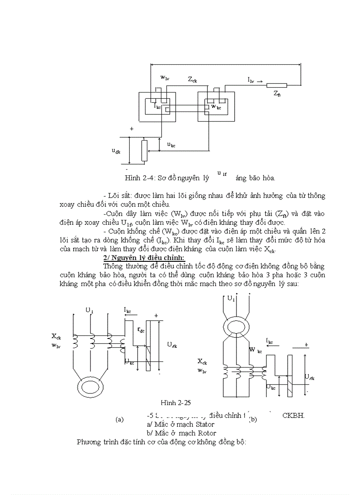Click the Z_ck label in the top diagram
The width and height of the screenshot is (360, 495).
192,80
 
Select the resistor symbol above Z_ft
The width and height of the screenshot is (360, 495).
277,86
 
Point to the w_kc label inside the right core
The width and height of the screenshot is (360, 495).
216,107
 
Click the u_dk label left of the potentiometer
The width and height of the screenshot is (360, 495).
116,151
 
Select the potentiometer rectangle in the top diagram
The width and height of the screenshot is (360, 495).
143,150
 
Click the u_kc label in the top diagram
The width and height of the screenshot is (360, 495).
172,144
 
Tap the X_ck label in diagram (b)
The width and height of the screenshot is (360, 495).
202,361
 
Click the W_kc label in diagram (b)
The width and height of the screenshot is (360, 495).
255,350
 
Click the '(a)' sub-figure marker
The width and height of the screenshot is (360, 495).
119,420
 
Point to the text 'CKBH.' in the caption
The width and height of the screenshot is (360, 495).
293,415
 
